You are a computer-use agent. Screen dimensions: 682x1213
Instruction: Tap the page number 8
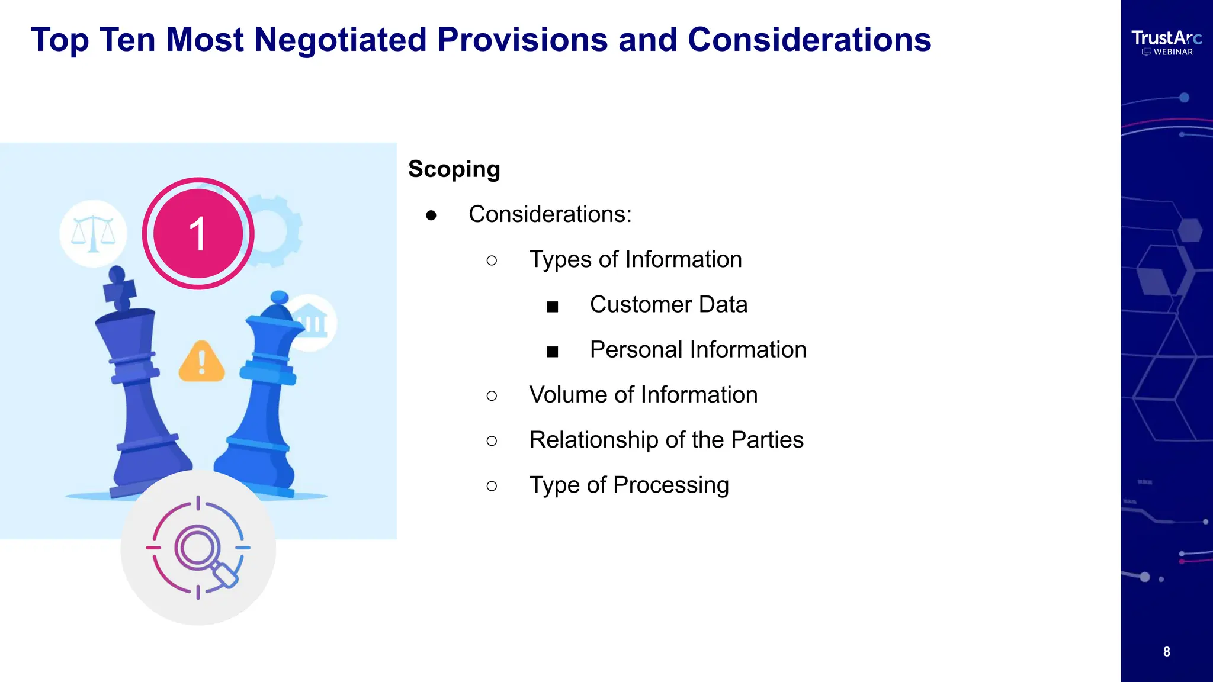click(x=1166, y=652)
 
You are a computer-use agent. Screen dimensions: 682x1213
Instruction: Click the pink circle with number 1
click(x=198, y=233)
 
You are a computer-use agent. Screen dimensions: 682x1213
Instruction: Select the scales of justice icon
click(x=93, y=233)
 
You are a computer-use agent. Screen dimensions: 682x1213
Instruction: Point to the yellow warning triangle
click(x=201, y=362)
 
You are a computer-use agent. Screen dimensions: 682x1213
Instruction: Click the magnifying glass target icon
click(x=198, y=548)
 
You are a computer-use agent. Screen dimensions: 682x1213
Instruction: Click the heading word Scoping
click(x=454, y=169)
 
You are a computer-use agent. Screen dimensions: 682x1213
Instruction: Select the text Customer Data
click(x=668, y=305)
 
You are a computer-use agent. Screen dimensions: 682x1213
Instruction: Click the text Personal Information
click(x=698, y=350)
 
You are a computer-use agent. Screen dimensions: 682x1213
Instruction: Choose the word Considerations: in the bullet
click(x=550, y=214)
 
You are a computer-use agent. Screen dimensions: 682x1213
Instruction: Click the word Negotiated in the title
click(x=340, y=40)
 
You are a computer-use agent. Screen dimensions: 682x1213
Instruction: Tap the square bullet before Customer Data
click(x=553, y=307)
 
